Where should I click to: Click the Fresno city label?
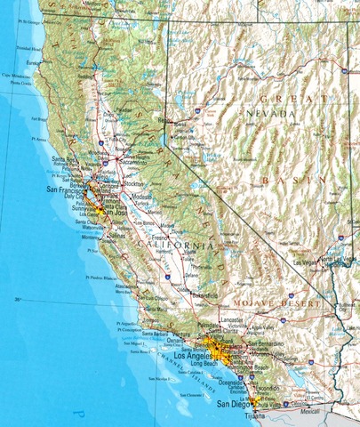161,238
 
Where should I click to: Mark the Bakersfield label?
206,294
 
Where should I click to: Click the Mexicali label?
309,412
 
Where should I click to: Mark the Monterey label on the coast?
92,238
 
